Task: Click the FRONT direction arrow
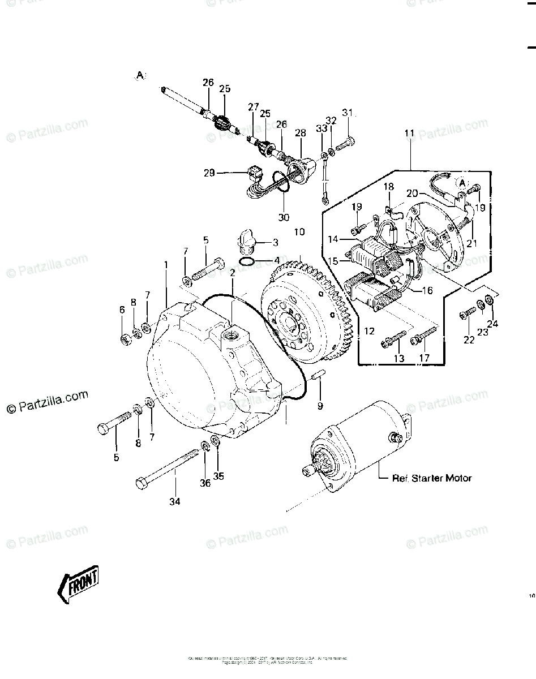78,582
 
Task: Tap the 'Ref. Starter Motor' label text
432,478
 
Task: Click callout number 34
174,501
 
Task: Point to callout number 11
409,134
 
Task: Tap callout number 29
209,173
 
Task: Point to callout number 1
166,265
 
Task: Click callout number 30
284,217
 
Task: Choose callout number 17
424,358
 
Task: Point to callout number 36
205,483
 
